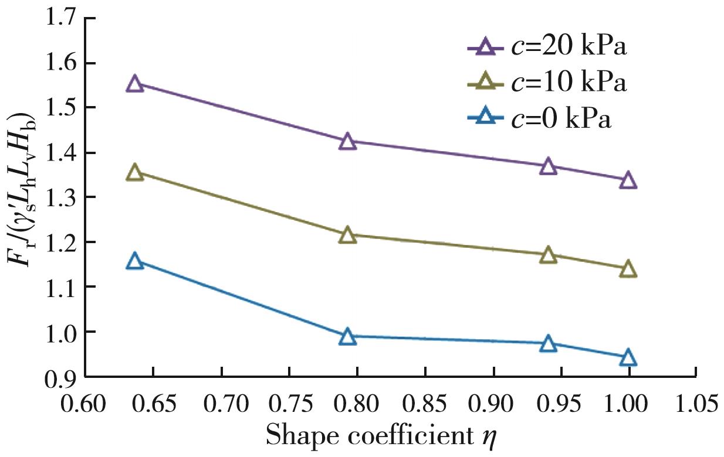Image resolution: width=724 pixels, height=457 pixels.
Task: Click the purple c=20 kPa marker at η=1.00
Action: pyautogui.click(x=628, y=180)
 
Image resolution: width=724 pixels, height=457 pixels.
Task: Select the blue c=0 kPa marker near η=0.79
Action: pyautogui.click(x=348, y=337)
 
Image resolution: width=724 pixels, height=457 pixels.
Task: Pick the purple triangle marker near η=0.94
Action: pyautogui.click(x=548, y=166)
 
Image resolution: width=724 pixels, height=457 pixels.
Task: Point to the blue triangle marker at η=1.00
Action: pyautogui.click(x=628, y=357)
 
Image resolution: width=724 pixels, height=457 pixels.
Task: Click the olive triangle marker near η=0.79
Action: pyautogui.click(x=348, y=236)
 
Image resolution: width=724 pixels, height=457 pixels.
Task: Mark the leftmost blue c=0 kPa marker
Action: pyautogui.click(x=135, y=261)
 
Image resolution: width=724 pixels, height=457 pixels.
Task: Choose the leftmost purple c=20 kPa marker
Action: pyautogui.click(x=135, y=84)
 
